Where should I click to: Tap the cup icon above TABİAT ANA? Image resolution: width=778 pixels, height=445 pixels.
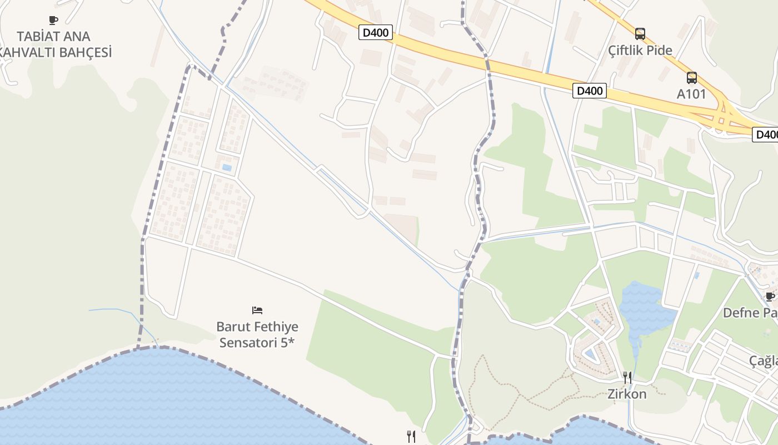tap(53, 21)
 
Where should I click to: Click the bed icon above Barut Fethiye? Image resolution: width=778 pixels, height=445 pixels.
tap(257, 310)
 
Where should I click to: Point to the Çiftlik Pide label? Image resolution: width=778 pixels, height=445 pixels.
tap(640, 51)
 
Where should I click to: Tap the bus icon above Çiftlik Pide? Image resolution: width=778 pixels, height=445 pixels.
tap(640, 34)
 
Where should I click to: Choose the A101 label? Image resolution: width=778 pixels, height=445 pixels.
tap(691, 94)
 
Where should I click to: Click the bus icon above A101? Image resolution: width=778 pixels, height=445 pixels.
tap(691, 78)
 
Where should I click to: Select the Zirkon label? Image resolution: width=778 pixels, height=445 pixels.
tap(627, 394)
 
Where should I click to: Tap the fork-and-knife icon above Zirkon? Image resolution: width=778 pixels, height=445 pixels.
tap(627, 378)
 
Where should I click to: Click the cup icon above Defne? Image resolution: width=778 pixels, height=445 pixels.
tap(770, 296)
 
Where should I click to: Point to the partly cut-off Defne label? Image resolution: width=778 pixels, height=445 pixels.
tap(750, 313)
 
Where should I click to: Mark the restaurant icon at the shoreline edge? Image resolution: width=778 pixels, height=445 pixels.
tap(411, 437)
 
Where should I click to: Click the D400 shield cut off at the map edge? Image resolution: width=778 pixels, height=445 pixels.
tap(765, 135)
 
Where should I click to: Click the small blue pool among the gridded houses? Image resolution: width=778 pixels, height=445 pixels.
tap(227, 167)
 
